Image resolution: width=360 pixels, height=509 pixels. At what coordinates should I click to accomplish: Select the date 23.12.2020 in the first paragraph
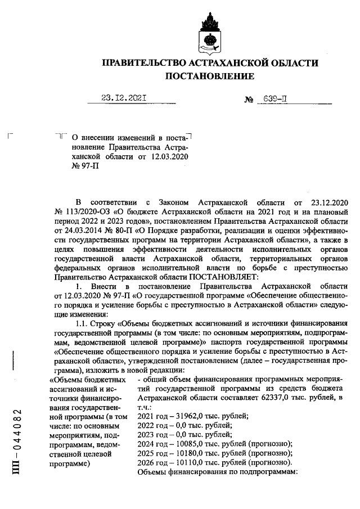click(x=326, y=202)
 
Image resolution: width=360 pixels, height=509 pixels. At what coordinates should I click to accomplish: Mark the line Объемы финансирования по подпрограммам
click(x=217, y=474)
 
